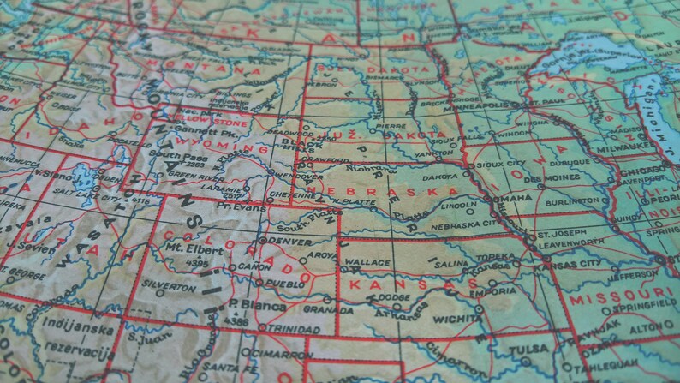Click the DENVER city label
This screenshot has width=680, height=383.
click(292, 242)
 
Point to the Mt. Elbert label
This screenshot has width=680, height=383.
click(187, 249)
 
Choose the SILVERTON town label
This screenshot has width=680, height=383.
click(168, 286)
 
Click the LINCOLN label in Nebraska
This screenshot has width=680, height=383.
click(458, 206)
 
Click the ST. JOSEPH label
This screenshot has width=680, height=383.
click(559, 234)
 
